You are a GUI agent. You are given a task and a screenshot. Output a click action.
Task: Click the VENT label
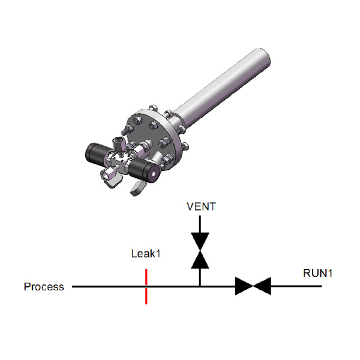tap(201, 206)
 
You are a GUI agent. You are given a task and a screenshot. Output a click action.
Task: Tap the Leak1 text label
tap(146, 254)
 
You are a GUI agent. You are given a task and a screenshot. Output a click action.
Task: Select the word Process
tap(44, 287)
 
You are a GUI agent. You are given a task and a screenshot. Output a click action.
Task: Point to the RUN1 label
tap(317, 273)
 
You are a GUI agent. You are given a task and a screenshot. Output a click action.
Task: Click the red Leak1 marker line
tap(146, 287)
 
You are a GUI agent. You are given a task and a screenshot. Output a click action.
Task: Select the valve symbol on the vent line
tap(200, 250)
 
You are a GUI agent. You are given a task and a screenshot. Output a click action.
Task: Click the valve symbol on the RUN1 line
tap(253, 286)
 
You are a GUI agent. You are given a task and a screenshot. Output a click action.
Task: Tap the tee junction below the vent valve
tap(200, 286)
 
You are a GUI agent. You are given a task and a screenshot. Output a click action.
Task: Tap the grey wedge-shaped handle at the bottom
tap(138, 188)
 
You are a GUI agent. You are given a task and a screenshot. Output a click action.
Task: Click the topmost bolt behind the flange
tap(154, 109)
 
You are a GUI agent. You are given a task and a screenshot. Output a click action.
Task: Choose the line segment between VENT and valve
tap(200, 224)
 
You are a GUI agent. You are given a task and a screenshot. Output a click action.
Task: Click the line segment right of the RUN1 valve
tap(296, 286)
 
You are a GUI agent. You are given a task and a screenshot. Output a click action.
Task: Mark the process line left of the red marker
tap(109, 287)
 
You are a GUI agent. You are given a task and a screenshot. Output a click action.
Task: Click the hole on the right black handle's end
tap(154, 174)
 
